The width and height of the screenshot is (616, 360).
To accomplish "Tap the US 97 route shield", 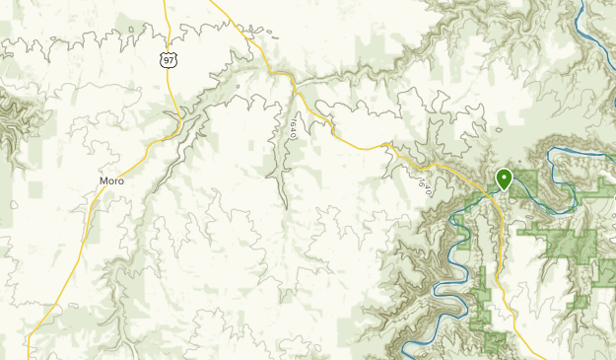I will click(169, 61).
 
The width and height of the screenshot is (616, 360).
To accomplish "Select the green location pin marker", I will click(504, 180).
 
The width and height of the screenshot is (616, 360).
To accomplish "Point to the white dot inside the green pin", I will click(504, 178).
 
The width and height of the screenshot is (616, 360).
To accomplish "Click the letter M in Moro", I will click(103, 181).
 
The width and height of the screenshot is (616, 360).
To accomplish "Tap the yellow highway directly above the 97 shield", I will click(166, 25).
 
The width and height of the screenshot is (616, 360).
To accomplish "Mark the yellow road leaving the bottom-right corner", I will click(541, 353).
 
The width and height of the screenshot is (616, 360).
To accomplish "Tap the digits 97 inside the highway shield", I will click(169, 61).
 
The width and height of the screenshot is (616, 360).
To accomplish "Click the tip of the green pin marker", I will click(504, 190).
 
